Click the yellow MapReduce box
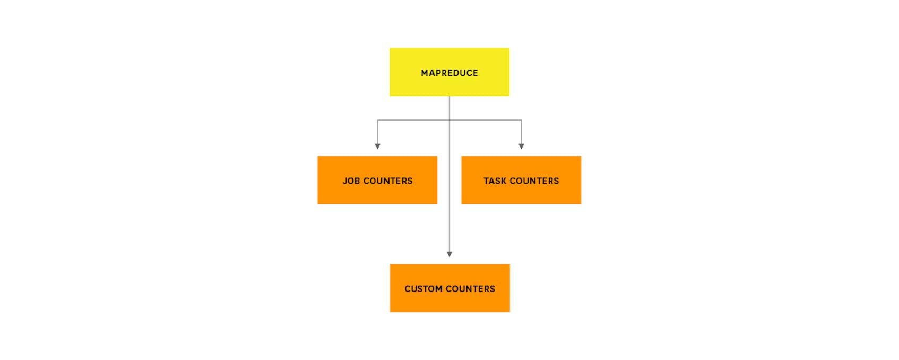pos(449,72)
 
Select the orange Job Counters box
pos(377,180)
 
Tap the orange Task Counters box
pos(521,180)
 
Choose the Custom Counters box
pos(450,288)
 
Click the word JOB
pos(351,181)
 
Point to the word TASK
pos(495,181)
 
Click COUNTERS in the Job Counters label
pos(388,181)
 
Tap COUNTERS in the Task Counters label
pos(534,181)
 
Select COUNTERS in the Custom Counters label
pos(470,289)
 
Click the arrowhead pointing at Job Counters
pos(377,147)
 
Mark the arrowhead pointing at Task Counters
pos(521,147)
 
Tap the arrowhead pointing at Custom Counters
pos(450,254)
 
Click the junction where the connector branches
pos(450,120)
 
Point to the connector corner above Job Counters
pos(377,120)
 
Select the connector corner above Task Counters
pos(521,120)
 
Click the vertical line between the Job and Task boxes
pos(450,180)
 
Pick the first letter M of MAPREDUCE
pos(425,73)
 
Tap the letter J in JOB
pos(345,181)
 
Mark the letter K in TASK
pos(503,181)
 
